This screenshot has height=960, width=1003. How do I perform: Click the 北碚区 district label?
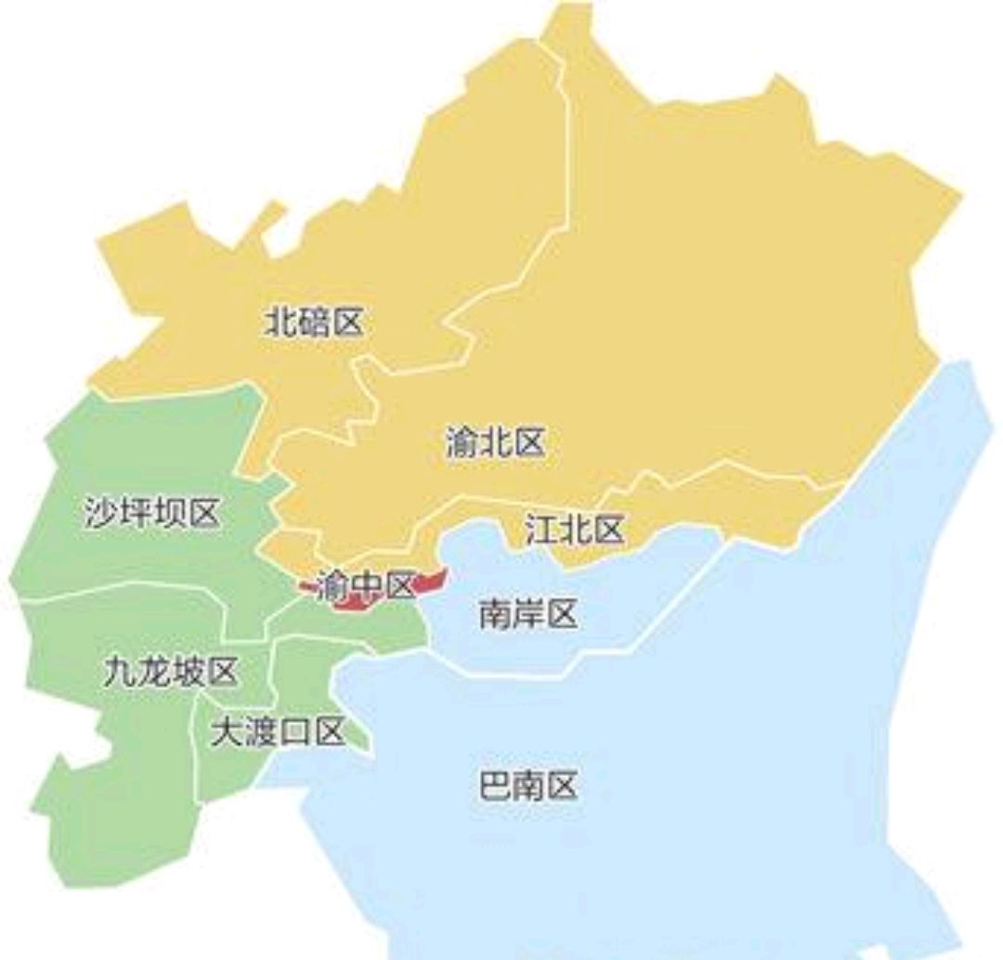(x=314, y=323)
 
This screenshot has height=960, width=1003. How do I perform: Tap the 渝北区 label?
(x=494, y=443)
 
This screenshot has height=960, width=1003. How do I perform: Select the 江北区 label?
(x=574, y=532)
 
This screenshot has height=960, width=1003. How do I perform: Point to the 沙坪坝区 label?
(x=152, y=513)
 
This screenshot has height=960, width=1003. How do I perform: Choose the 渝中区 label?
(x=364, y=586)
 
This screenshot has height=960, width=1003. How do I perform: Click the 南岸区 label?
(x=528, y=613)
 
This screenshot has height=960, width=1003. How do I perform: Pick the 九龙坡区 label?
(x=170, y=672)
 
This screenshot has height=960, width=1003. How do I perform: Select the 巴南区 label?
(x=528, y=787)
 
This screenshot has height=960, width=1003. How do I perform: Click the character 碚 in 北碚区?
(x=314, y=323)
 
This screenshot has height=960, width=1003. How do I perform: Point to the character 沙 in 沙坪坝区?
(x=102, y=513)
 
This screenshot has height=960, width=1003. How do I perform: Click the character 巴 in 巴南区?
(x=495, y=787)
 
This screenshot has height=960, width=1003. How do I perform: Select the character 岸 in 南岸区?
(x=528, y=613)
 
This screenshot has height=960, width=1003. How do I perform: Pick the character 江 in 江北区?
(x=541, y=532)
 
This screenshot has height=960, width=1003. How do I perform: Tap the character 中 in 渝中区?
(x=365, y=586)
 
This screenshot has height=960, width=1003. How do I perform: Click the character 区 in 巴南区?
(x=562, y=787)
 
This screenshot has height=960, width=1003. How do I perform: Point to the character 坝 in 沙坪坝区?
(x=169, y=513)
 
